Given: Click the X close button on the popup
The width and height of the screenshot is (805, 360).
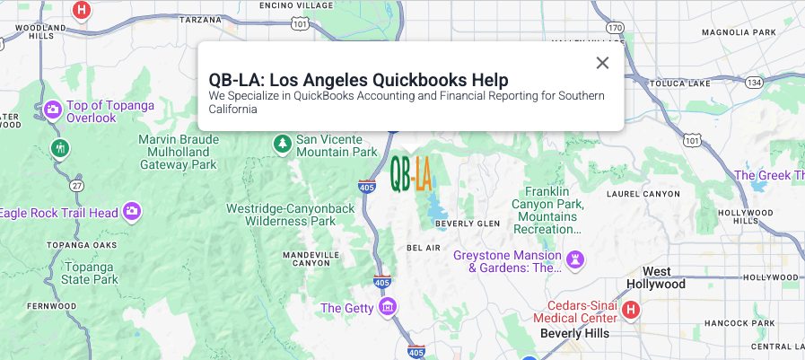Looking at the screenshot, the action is click(x=602, y=63).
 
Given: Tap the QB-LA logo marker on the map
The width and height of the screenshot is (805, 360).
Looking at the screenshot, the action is click(x=411, y=173).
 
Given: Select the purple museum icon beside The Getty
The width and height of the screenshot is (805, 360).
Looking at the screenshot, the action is click(x=388, y=308).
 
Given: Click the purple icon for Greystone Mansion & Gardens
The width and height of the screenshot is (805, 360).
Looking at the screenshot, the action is click(x=576, y=260).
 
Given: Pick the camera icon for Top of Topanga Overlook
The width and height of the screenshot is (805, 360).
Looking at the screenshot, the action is click(x=53, y=110).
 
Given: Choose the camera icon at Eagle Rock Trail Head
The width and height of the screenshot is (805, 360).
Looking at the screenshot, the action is click(x=132, y=212).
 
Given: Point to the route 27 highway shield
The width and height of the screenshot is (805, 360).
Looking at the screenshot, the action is click(x=77, y=186).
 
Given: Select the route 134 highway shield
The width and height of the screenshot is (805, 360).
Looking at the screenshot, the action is click(x=753, y=82).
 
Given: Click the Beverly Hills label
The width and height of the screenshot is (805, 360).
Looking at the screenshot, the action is click(x=575, y=333).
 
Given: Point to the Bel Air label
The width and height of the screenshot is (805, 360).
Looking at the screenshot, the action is click(x=424, y=247).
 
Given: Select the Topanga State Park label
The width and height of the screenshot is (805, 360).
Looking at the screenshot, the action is click(x=89, y=273).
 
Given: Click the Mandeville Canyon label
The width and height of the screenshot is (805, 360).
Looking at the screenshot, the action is click(x=311, y=259).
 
